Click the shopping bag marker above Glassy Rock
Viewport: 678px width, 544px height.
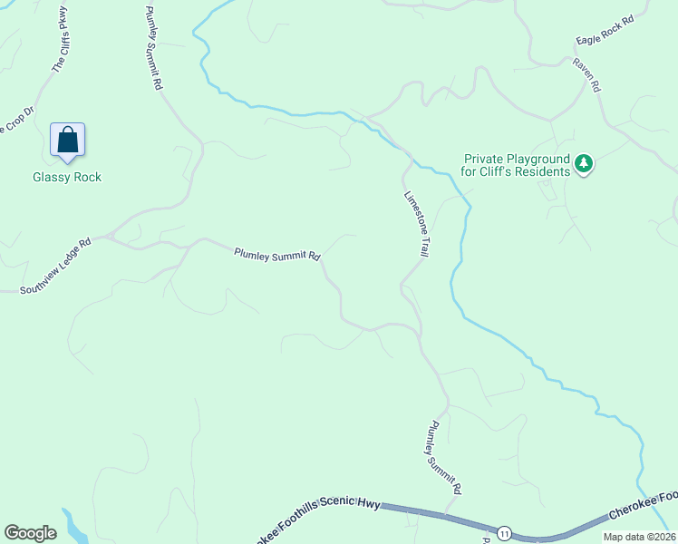(67, 141)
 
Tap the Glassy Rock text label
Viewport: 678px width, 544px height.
(67, 177)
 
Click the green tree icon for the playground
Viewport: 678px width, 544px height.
(585, 164)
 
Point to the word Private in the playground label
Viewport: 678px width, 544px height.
(484, 157)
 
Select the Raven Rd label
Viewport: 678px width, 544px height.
(586, 75)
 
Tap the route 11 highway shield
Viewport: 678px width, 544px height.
(503, 530)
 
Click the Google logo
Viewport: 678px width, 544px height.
(30, 533)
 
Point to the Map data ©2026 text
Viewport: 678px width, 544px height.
(638, 537)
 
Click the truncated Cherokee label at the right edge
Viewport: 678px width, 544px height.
(643, 505)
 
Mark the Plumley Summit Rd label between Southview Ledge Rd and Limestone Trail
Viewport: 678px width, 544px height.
(276, 255)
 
